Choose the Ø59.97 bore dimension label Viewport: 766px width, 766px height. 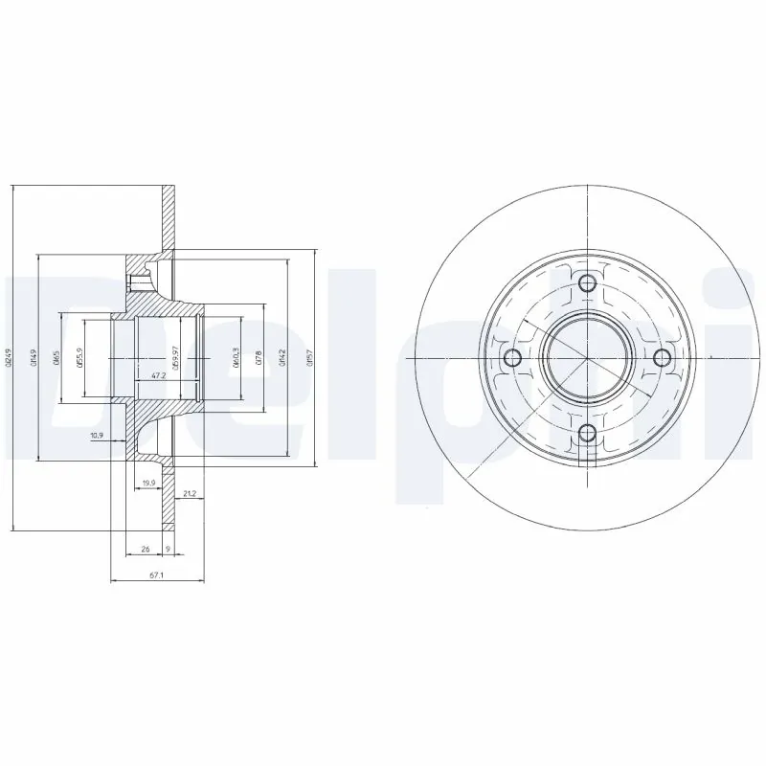(x=176, y=357)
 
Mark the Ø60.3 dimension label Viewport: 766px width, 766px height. (x=235, y=358)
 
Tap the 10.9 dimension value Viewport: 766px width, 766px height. (x=97, y=437)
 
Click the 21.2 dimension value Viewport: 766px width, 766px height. (x=189, y=494)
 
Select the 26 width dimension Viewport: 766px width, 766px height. (x=145, y=550)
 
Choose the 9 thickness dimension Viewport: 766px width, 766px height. (x=169, y=550)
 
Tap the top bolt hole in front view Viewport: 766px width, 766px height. (x=587, y=282)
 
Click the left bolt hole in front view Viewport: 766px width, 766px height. (x=511, y=358)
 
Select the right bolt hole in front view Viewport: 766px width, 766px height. (x=662, y=357)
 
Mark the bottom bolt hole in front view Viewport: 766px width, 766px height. (x=587, y=434)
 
